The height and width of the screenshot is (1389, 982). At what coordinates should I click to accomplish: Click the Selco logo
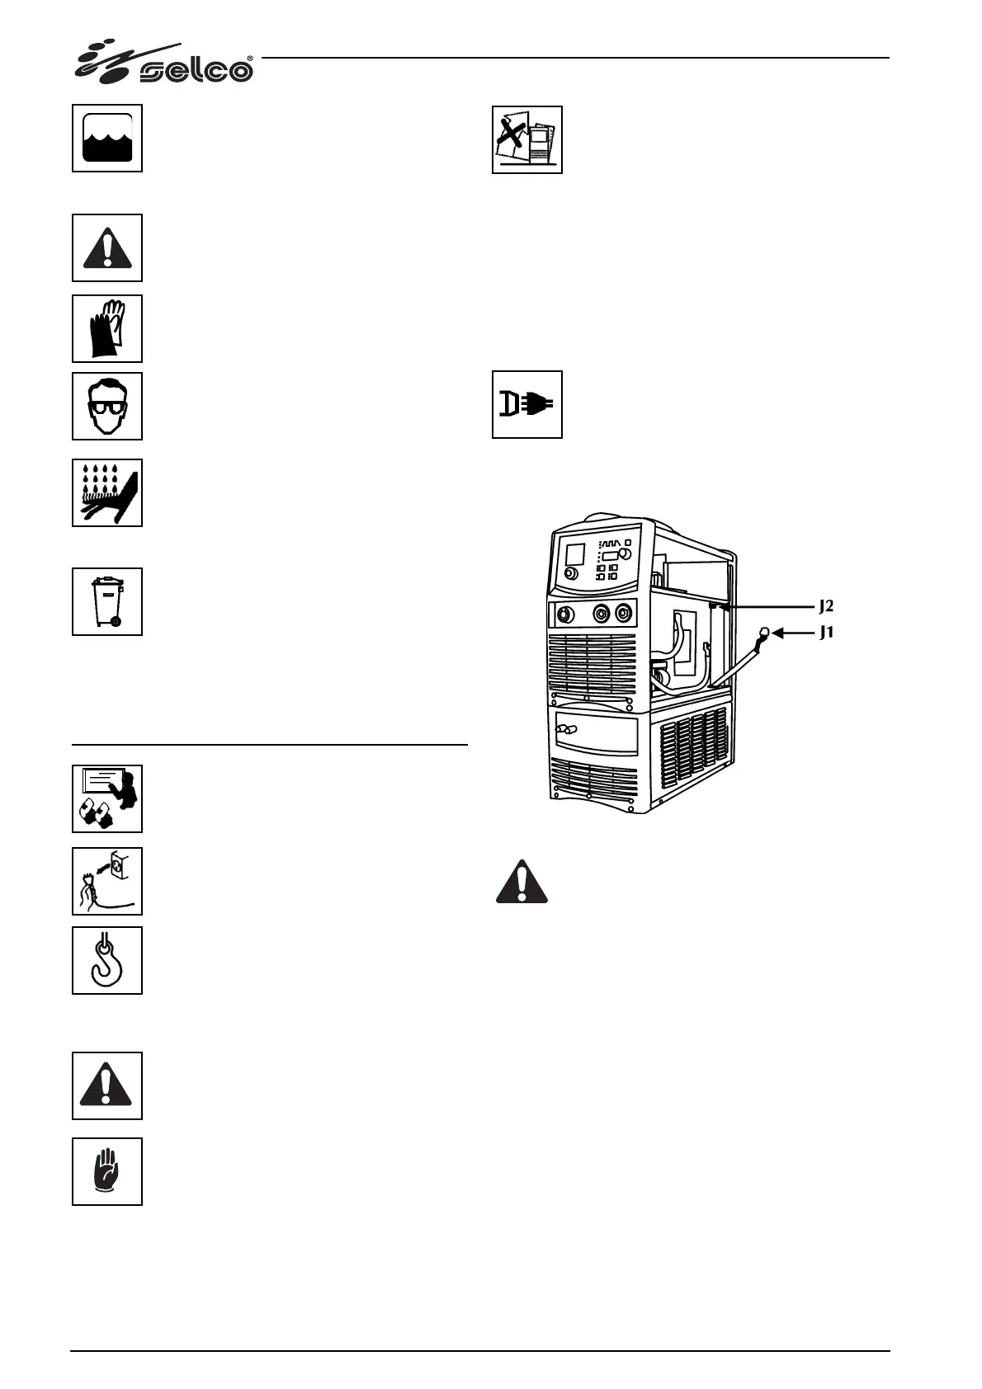pyautogui.click(x=165, y=64)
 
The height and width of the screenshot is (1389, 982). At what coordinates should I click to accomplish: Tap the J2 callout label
pyautogui.click(x=826, y=606)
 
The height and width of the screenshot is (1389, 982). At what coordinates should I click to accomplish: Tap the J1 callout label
pyautogui.click(x=826, y=633)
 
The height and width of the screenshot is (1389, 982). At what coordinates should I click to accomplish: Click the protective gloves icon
pyautogui.click(x=107, y=328)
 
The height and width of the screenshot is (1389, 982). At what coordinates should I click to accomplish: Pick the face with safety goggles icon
pyautogui.click(x=107, y=406)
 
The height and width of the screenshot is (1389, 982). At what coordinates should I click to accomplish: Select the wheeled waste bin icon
pyautogui.click(x=107, y=601)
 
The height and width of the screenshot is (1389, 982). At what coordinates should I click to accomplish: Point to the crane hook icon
pyautogui.click(x=107, y=960)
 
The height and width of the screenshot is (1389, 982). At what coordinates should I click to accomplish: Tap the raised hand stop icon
pyautogui.click(x=107, y=1171)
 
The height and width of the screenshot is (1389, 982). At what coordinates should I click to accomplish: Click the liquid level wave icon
pyautogui.click(x=107, y=138)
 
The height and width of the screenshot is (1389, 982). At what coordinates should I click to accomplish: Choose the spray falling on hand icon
pyautogui.click(x=107, y=492)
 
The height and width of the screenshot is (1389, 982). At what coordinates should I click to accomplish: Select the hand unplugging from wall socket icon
pyautogui.click(x=107, y=881)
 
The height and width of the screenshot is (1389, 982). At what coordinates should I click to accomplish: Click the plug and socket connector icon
pyautogui.click(x=527, y=404)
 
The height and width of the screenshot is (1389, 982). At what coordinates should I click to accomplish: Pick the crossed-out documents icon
pyautogui.click(x=527, y=139)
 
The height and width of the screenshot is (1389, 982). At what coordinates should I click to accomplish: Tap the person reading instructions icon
pyautogui.click(x=107, y=798)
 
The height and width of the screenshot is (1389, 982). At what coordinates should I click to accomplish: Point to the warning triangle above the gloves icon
pyautogui.click(x=107, y=247)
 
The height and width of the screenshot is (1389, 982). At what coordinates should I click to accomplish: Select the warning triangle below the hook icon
pyautogui.click(x=107, y=1085)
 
